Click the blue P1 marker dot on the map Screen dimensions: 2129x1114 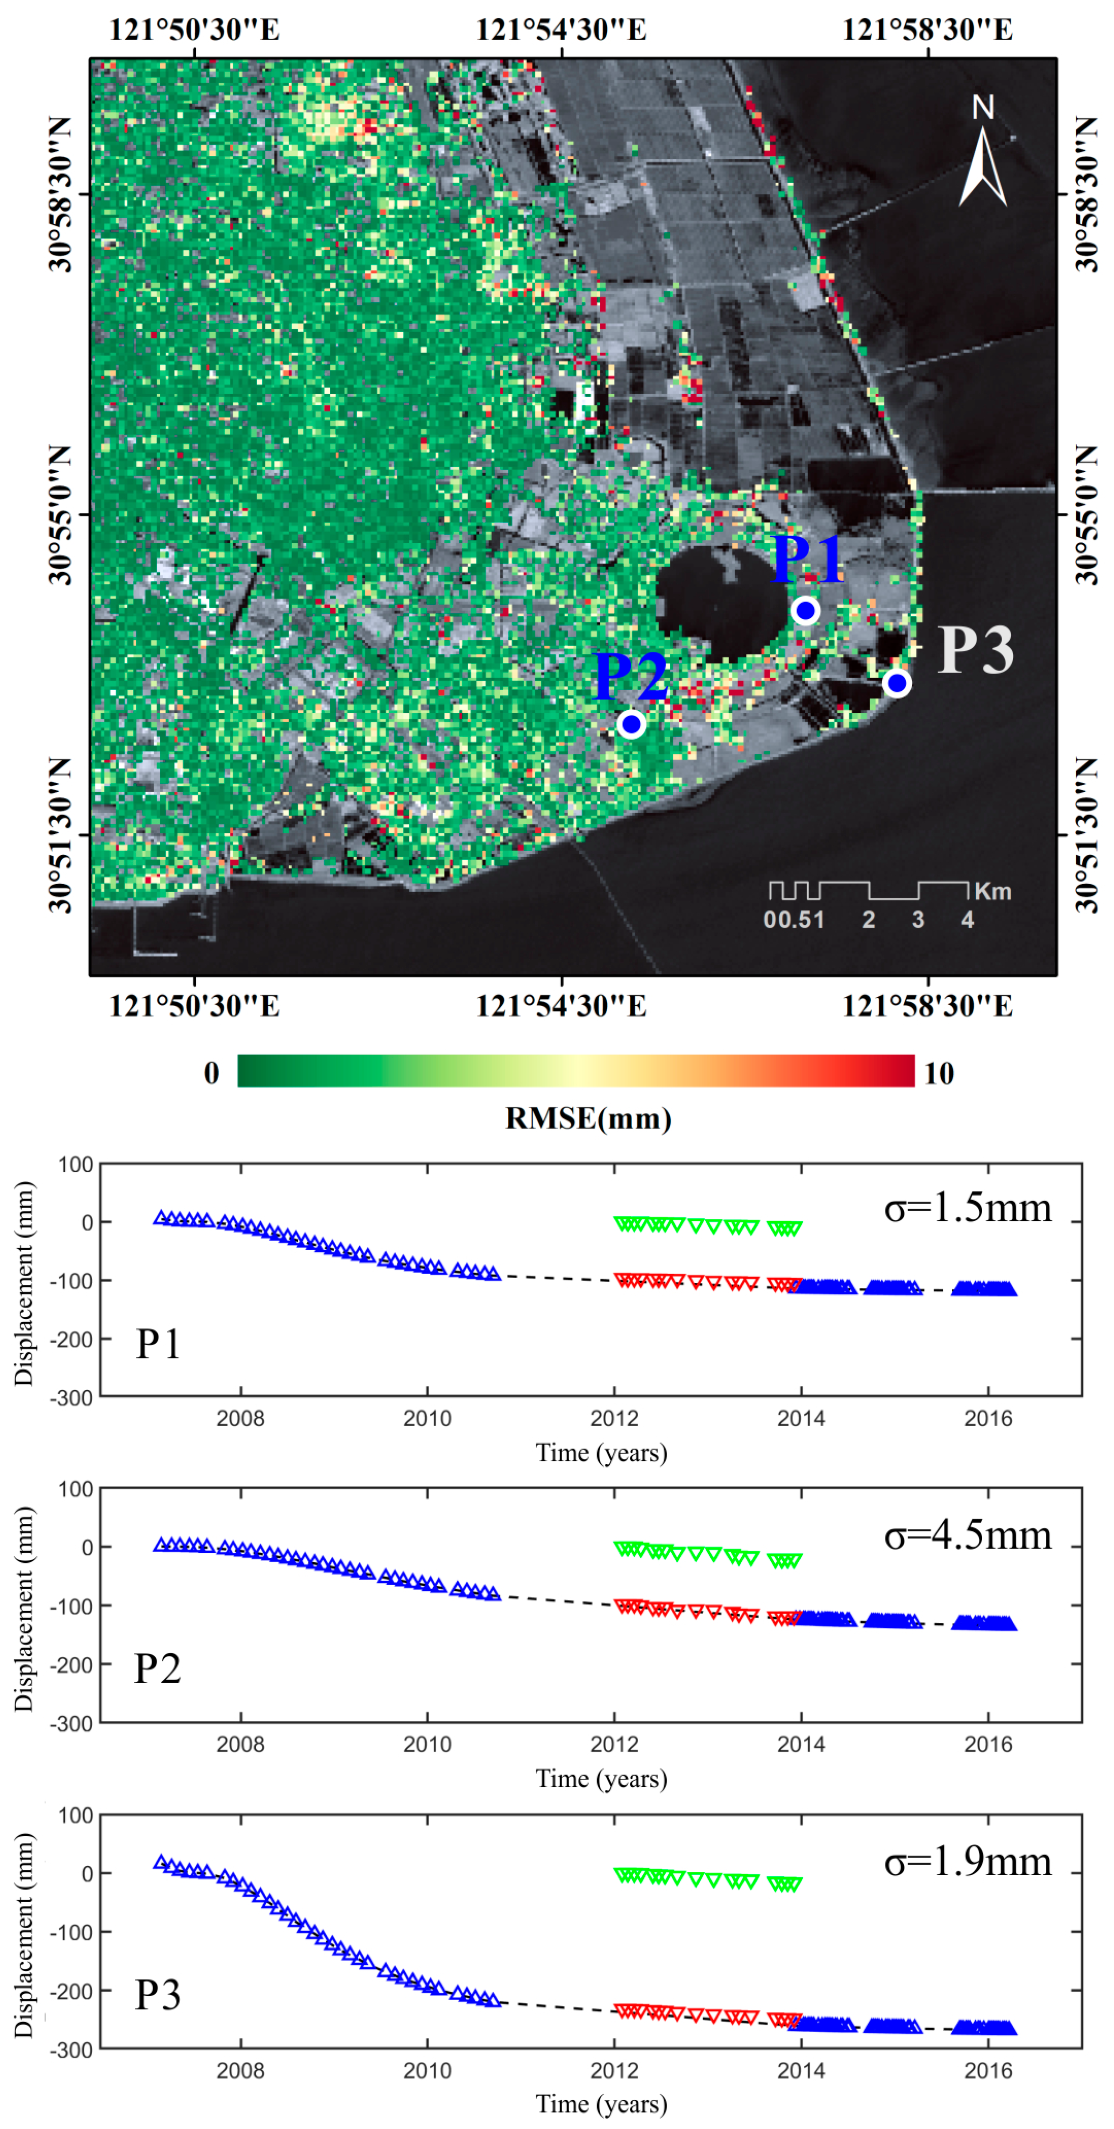pyautogui.click(x=805, y=611)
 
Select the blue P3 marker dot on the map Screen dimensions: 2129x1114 pyautogui.click(x=896, y=683)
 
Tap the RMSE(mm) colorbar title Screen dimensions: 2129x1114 pyautogui.click(x=588, y=1118)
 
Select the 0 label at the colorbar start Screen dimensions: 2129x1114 pyautogui.click(x=212, y=1073)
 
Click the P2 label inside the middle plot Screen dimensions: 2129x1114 pyautogui.click(x=157, y=1668)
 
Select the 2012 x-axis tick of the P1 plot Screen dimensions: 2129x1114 pyautogui.click(x=614, y=1418)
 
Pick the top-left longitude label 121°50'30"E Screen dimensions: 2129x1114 pyautogui.click(x=195, y=30)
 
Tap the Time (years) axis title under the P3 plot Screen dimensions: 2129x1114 pyautogui.click(x=601, y=2104)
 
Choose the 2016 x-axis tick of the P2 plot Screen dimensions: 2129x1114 pyautogui.click(x=988, y=1744)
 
